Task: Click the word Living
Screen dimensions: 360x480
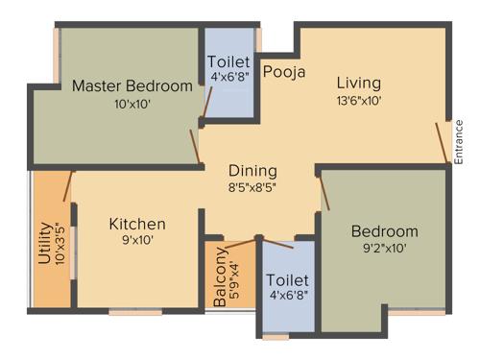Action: [358, 83]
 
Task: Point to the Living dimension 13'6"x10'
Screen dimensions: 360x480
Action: [358, 99]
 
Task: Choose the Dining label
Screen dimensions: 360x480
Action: [252, 171]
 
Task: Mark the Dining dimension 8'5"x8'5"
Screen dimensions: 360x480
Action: [252, 188]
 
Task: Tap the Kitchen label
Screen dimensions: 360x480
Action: [136, 224]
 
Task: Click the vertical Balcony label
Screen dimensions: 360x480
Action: [221, 276]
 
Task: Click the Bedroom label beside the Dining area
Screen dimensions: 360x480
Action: [384, 231]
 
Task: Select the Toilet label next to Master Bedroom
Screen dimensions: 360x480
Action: [228, 62]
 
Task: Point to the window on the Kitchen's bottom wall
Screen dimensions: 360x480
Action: [134, 311]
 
